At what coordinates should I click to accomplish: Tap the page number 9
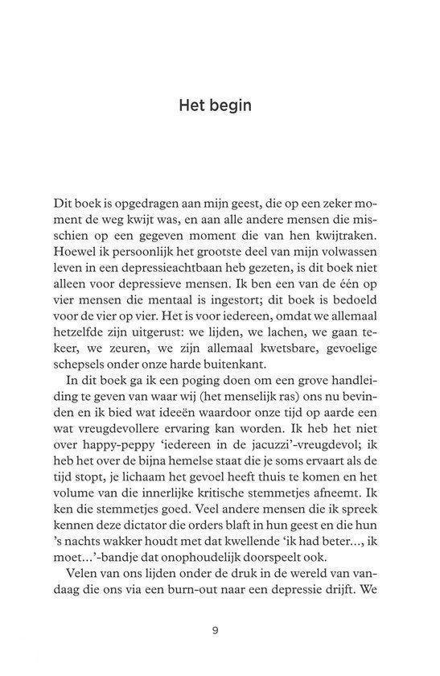coord(216,630)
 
